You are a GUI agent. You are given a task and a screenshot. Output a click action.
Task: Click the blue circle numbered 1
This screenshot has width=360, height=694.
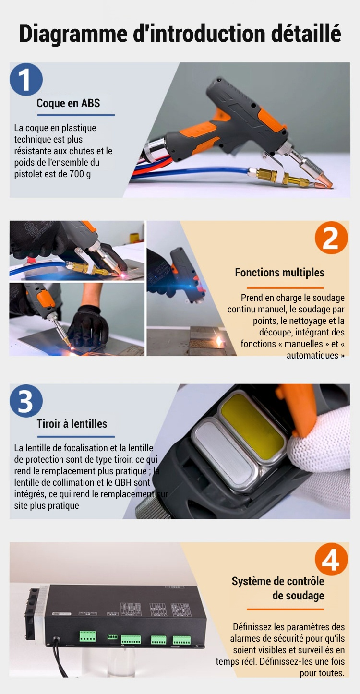point(26,80)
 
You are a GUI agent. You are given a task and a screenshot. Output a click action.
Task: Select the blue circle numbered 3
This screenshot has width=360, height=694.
point(26,401)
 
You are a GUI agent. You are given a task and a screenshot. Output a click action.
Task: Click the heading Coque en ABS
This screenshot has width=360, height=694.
point(68,103)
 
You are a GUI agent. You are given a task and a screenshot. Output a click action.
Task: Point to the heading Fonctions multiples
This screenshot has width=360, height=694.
point(279,273)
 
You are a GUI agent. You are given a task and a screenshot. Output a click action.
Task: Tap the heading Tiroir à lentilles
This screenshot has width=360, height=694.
point(72,423)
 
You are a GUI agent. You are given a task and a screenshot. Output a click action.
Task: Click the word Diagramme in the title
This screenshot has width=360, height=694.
point(73,34)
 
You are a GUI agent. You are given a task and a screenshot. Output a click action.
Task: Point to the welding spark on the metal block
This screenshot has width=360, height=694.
point(220,341)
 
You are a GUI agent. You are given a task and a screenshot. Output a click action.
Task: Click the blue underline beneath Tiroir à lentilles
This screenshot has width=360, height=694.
point(76,437)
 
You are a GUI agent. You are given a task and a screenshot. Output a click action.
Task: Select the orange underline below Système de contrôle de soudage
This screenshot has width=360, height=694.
point(285,610)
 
